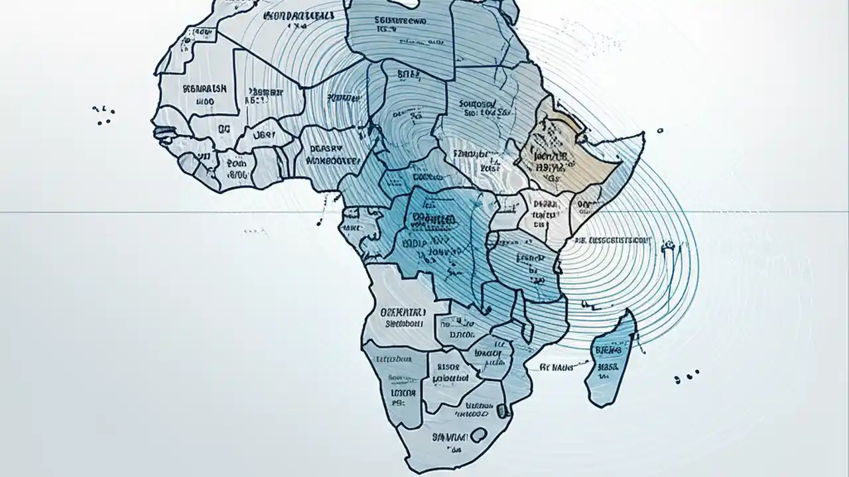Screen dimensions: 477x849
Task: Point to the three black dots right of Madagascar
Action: coord(686,377)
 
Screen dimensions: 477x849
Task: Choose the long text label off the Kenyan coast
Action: coord(614,242)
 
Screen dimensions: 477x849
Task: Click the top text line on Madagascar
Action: coord(608,349)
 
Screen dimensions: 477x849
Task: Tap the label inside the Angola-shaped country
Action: coord(405,317)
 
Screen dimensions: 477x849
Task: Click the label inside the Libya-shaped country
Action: coord(401,25)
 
